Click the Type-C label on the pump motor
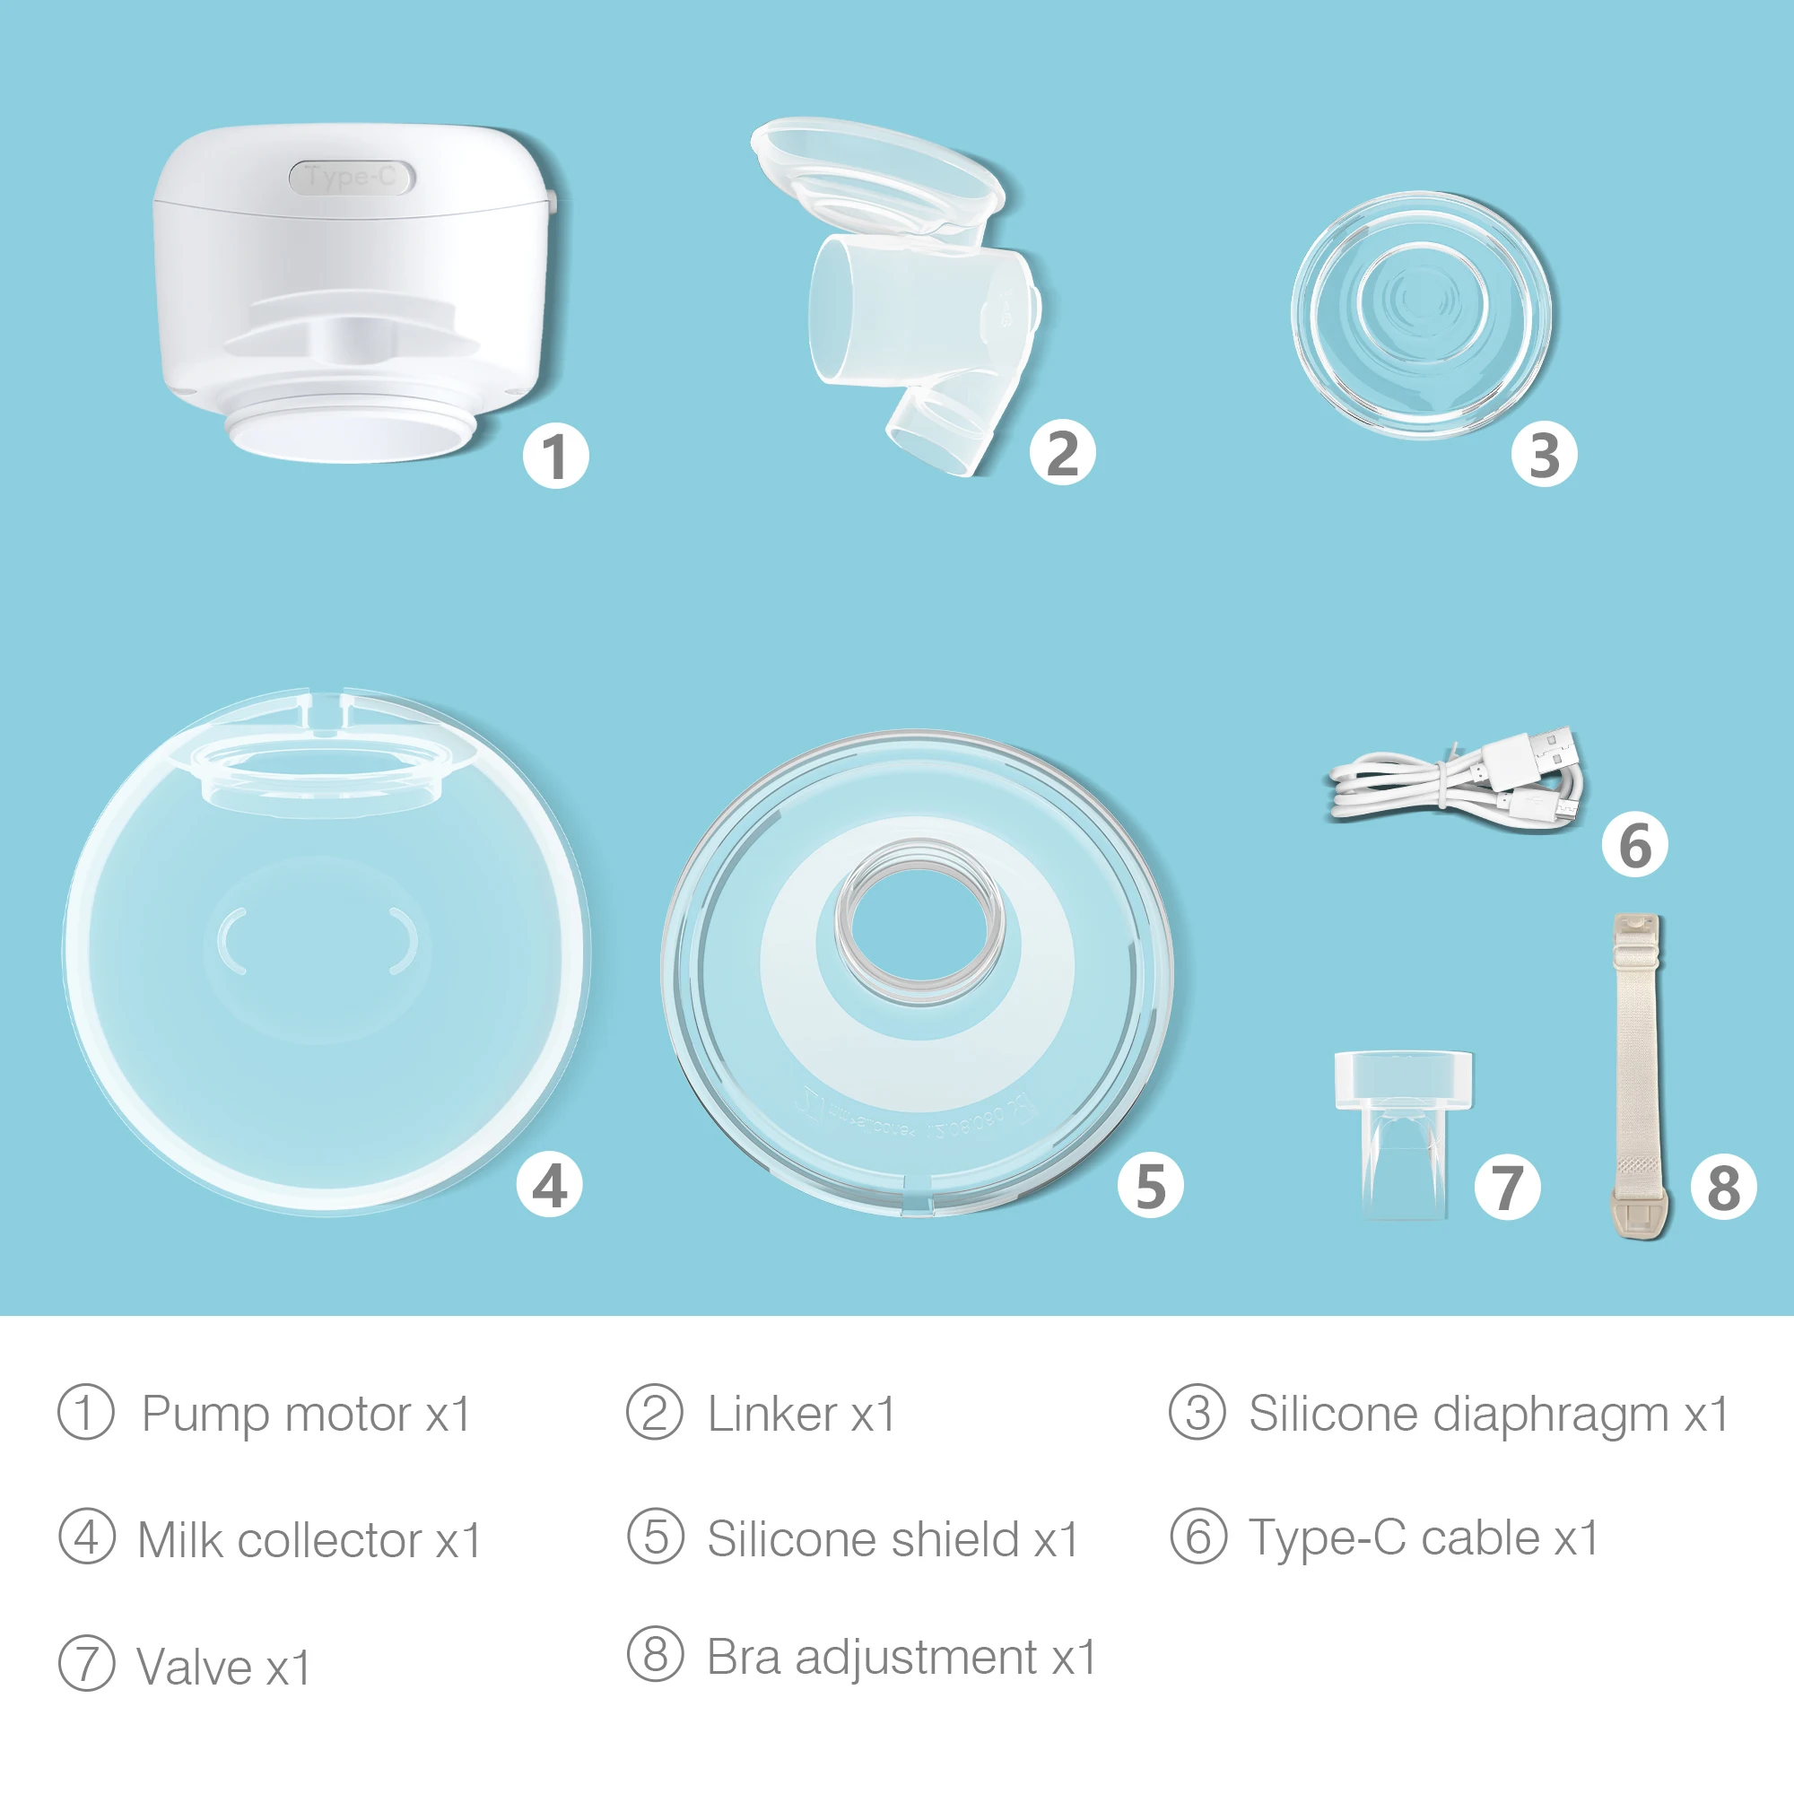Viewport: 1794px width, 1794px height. point(351,177)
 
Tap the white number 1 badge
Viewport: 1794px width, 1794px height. point(555,456)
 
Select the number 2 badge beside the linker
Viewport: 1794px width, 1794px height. point(1062,453)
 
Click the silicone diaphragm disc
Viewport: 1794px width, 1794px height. point(1421,315)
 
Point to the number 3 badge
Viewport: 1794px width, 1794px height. point(1543,455)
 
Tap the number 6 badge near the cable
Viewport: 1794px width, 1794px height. point(1634,844)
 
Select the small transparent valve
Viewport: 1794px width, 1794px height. point(1403,1134)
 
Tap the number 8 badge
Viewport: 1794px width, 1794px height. point(1723,1187)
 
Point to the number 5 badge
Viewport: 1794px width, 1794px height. point(1151,1185)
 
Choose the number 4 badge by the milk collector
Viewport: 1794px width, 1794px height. point(550,1185)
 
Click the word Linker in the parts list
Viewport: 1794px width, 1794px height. point(771,1415)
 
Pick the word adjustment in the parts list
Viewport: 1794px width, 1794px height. point(916,1658)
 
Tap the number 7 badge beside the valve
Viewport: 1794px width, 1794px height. point(1507,1187)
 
